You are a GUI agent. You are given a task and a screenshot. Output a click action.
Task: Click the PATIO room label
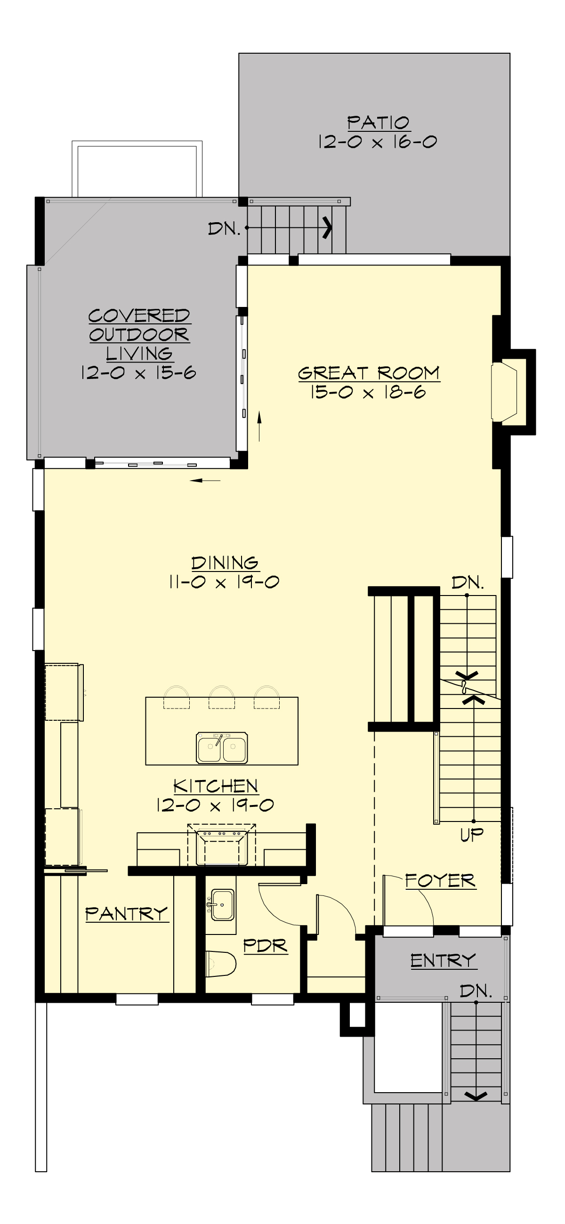(378, 123)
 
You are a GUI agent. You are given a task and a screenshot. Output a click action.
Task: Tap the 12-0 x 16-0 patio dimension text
(378, 142)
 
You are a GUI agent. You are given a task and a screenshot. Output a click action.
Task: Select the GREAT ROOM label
(369, 373)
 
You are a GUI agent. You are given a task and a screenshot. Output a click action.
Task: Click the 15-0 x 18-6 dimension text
(368, 393)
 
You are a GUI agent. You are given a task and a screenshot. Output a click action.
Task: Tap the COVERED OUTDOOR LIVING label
(139, 335)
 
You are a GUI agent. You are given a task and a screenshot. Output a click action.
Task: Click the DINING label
(225, 563)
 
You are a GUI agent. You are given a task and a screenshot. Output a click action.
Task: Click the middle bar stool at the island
(221, 697)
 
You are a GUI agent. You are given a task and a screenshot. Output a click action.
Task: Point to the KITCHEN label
(216, 786)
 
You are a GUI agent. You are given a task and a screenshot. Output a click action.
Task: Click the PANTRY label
(126, 913)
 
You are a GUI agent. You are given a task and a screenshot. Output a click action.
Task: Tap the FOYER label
(440, 880)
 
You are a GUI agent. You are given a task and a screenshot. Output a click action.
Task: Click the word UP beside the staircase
(472, 835)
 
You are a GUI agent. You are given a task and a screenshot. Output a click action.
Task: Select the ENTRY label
(443, 960)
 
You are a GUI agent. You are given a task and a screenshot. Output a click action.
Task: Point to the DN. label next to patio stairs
(224, 229)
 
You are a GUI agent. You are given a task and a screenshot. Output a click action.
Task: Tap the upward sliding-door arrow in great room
(259, 418)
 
